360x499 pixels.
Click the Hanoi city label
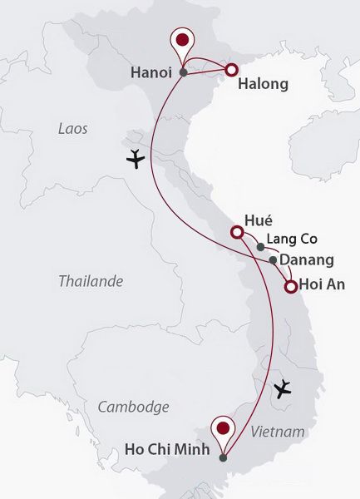tap(153, 72)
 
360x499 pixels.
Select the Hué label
tap(259, 221)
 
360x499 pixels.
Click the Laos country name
tap(73, 129)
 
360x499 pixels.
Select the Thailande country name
tap(91, 281)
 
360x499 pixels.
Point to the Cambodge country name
tap(133, 407)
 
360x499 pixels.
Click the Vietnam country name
tap(277, 432)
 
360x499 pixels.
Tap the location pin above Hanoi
tap(182, 42)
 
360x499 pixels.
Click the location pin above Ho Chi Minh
tap(223, 430)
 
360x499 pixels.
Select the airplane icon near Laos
tap(135, 159)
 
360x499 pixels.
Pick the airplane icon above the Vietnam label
tap(284, 387)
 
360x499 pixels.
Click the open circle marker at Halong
tap(232, 71)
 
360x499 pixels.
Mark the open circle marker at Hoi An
tap(290, 288)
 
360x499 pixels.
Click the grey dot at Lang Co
tap(260, 246)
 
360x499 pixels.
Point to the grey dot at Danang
tap(273, 260)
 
